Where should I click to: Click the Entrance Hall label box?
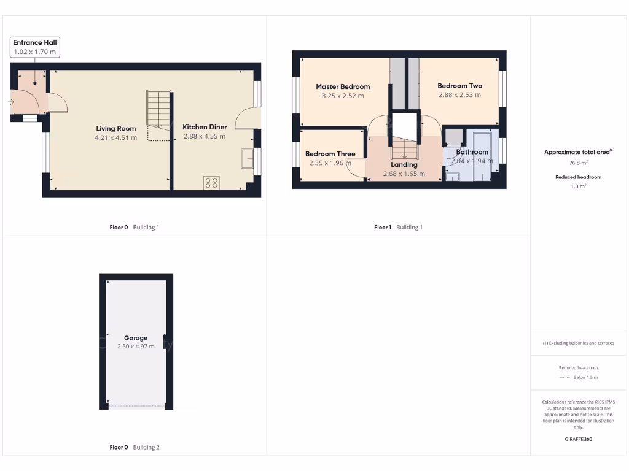35,47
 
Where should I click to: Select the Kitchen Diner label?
205,127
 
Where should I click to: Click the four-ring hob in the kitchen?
211,182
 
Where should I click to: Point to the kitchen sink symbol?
247,158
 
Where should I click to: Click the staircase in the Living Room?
158,110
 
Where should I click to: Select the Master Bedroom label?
343,86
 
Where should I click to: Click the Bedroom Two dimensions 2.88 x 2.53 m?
459,95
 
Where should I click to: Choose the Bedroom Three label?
330,154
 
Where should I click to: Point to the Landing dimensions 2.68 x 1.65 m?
404,174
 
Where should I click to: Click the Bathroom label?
472,152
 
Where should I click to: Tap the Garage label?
136,338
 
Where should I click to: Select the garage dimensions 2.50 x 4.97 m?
136,347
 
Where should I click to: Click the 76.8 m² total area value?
578,163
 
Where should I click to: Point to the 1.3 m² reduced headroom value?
578,186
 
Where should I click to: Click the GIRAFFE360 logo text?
578,439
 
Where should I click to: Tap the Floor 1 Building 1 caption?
398,227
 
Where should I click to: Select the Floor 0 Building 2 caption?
134,447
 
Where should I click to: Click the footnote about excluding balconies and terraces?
578,343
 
